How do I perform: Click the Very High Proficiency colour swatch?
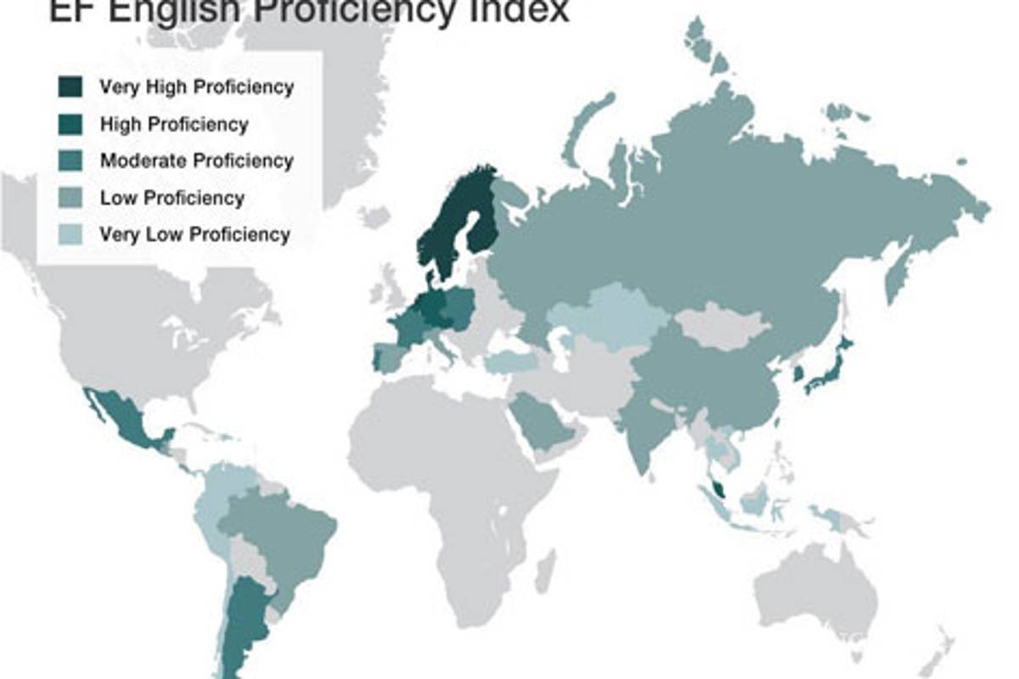coord(70,87)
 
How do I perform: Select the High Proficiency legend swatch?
coord(70,124)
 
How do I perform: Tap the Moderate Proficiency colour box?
coord(70,160)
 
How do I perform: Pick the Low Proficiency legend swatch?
coord(70,198)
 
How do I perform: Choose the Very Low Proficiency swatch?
coord(70,234)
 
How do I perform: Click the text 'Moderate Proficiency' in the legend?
coord(196,160)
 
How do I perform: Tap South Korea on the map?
coord(799,373)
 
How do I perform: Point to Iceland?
coord(374,216)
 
